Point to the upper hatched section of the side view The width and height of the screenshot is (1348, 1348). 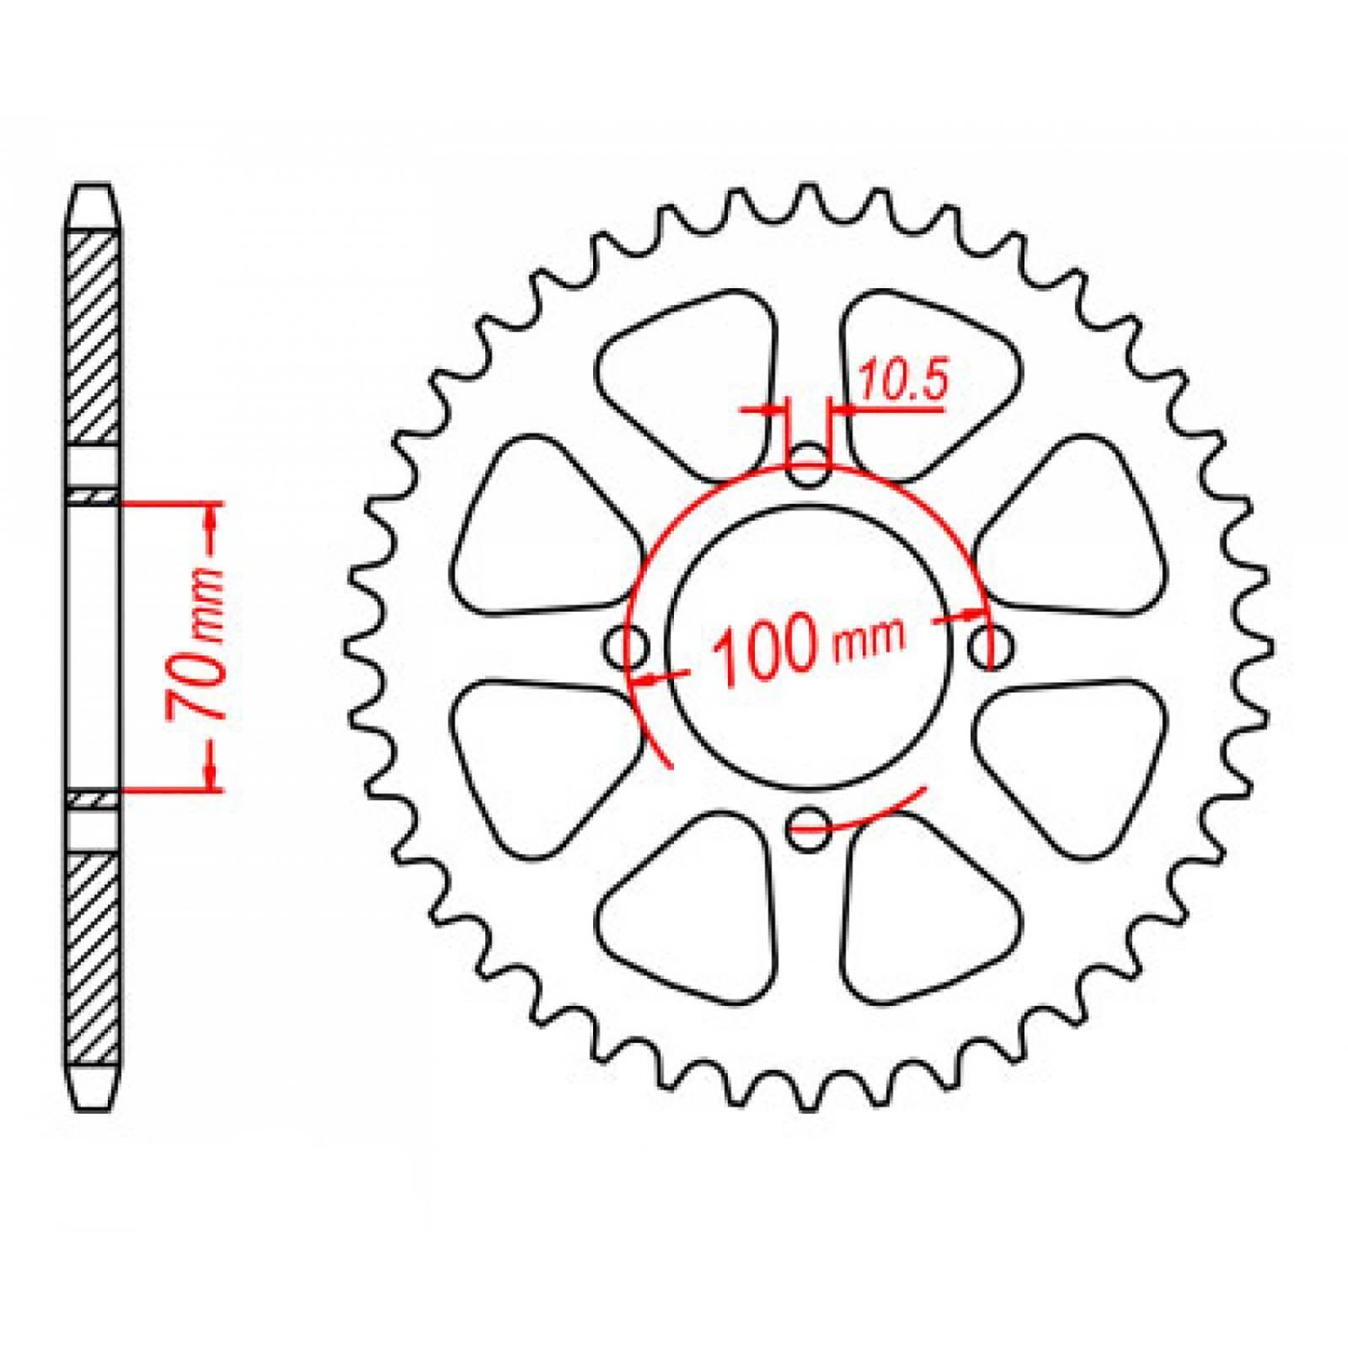click(x=93, y=338)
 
